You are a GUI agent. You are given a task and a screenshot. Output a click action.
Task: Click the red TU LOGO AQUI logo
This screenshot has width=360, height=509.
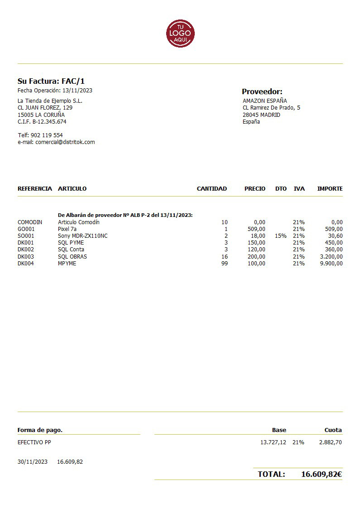(x=180, y=34)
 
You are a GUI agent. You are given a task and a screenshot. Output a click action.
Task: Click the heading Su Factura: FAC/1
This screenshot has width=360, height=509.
(x=51, y=82)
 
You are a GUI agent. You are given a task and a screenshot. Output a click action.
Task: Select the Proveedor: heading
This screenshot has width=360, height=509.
(x=262, y=91)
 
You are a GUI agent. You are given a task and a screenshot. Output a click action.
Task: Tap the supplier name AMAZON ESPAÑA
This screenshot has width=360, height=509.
(x=265, y=101)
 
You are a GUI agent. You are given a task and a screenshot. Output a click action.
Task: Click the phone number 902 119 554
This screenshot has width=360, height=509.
(x=47, y=135)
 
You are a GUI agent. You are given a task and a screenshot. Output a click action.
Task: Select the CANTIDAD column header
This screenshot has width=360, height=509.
(x=211, y=189)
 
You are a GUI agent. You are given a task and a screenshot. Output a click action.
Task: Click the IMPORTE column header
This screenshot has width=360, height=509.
(x=330, y=189)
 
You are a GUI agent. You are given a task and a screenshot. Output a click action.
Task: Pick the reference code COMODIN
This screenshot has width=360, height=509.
(x=30, y=222)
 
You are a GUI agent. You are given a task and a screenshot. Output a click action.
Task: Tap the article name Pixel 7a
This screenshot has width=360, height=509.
(x=67, y=229)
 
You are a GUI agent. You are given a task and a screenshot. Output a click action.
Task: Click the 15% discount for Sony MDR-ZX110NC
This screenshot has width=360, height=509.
(x=281, y=236)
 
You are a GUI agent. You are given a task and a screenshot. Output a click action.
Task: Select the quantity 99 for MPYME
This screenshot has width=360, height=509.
(x=225, y=264)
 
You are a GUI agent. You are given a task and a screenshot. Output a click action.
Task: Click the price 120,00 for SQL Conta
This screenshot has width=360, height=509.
(x=256, y=250)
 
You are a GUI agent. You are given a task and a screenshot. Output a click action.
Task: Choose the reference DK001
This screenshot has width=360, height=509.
(x=25, y=243)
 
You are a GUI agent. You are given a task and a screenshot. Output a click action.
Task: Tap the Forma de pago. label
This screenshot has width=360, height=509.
(x=40, y=430)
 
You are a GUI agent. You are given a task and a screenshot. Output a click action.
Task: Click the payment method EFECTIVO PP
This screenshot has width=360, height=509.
(x=34, y=442)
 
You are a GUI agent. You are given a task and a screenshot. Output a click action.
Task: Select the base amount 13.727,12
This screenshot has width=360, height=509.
(x=273, y=442)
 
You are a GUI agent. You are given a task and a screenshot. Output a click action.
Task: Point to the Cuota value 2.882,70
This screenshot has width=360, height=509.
(x=330, y=442)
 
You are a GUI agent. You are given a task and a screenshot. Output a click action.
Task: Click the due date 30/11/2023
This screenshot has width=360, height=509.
(x=33, y=462)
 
